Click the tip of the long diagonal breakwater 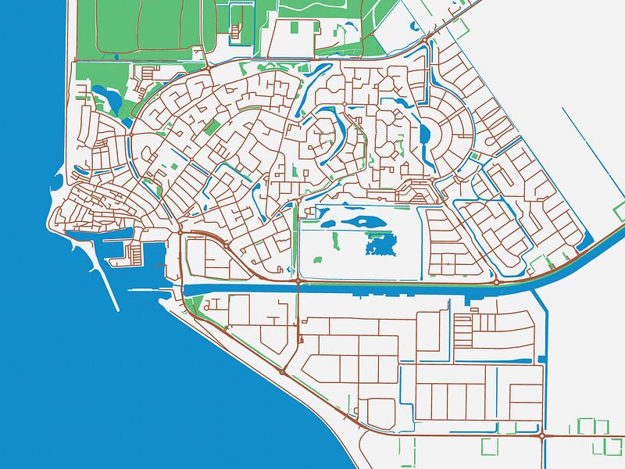(118, 310)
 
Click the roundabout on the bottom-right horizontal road (541, 435)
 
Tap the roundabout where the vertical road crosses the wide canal (298, 281)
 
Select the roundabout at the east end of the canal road (497, 281)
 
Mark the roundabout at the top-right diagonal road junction (424, 40)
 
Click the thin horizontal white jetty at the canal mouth (148, 290)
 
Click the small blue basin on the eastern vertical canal (541, 360)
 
